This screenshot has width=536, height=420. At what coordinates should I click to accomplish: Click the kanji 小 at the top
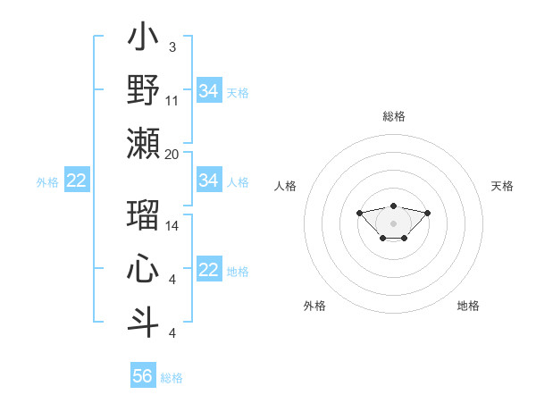[x=144, y=39]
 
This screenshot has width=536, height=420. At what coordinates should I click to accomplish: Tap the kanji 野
[x=144, y=90]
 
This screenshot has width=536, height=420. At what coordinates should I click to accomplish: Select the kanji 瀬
[x=144, y=143]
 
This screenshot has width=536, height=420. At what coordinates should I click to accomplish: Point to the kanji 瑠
[x=144, y=216]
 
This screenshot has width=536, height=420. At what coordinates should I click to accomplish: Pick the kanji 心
[x=144, y=270]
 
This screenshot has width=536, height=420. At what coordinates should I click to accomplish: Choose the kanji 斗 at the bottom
[x=144, y=322]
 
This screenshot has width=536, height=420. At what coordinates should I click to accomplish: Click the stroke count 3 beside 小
[x=172, y=47]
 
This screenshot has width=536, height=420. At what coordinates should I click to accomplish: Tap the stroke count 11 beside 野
[x=172, y=100]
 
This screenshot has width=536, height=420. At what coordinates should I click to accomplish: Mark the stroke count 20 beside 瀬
[x=172, y=154]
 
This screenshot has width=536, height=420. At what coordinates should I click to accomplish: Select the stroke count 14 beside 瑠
[x=172, y=226]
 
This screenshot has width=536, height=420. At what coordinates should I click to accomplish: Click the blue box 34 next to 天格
[x=208, y=91]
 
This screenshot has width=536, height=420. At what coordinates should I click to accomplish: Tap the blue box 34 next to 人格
[x=208, y=181]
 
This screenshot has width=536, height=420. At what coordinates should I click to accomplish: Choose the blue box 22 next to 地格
[x=208, y=271]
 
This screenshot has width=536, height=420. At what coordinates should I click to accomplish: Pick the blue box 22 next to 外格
[x=76, y=181]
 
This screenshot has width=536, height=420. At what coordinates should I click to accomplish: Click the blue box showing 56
[x=142, y=376]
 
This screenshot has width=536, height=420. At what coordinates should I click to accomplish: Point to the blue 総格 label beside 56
[x=172, y=378]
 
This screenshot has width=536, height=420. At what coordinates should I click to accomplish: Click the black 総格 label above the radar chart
[x=394, y=116]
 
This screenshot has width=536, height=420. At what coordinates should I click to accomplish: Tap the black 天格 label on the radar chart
[x=502, y=186]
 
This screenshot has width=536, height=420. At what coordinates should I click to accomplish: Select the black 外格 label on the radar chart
[x=314, y=306]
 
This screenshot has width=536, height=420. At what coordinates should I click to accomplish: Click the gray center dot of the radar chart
[x=393, y=223]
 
